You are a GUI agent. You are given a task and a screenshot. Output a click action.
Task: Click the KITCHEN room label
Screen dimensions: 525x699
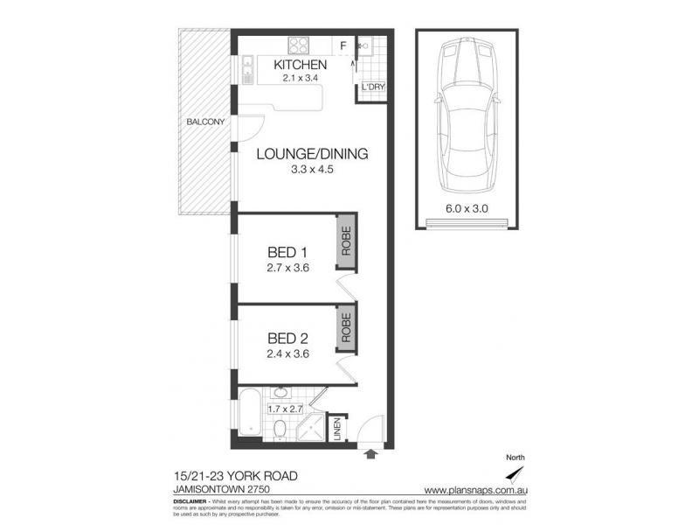(300, 65)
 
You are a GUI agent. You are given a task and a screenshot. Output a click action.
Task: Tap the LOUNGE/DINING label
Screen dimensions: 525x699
(312, 154)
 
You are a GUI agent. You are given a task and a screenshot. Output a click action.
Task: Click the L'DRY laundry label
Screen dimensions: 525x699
(368, 87)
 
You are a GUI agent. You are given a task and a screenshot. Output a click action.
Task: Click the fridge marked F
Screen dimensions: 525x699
(343, 45)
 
